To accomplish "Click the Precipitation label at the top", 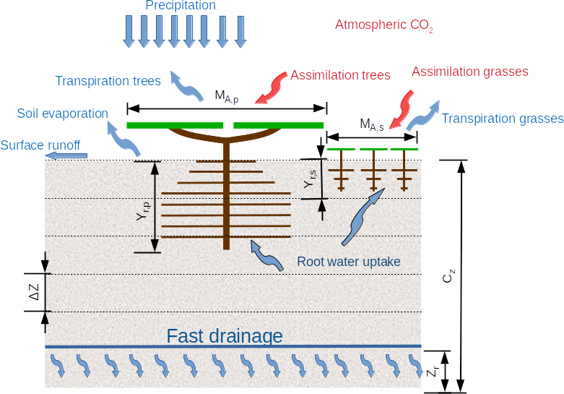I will [181, 6].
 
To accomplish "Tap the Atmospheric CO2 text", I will [383, 25].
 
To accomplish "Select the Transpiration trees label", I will [108, 81].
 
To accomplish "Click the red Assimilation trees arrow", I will [272, 85].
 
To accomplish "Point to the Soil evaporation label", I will [63, 114].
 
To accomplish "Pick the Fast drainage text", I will [225, 336].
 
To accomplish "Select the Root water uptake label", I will [348, 262].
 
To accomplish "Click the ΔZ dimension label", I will [34, 293].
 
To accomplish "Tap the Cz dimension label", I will [449, 276].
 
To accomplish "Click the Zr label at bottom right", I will [431, 372].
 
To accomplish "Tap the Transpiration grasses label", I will [502, 119].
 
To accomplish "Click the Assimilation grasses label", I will [470, 72].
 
